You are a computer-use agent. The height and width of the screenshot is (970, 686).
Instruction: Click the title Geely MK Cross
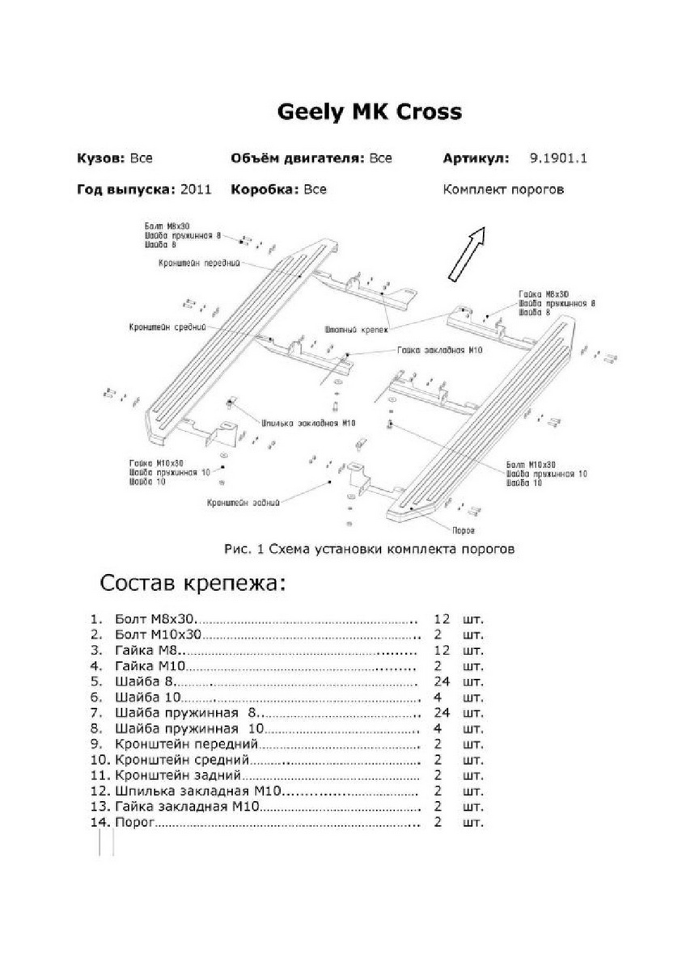tap(370, 112)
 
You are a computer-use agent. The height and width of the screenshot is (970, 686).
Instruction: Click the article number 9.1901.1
tap(558, 158)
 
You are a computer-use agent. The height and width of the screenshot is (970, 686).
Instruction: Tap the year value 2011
tap(196, 190)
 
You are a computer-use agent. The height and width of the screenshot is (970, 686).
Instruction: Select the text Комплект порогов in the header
tap(503, 190)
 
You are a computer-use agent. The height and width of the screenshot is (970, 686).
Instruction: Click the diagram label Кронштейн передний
tap(198, 264)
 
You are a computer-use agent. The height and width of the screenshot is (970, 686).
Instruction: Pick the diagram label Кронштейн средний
tap(167, 327)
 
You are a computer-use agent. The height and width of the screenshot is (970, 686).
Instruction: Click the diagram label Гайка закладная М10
tap(440, 351)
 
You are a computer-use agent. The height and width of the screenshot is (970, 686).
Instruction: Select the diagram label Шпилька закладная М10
tap(309, 423)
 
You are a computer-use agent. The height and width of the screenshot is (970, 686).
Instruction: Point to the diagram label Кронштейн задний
tap(243, 503)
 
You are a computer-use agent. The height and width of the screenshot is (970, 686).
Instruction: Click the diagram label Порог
tap(464, 530)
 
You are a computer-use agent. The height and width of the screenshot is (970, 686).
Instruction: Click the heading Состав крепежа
tap(192, 583)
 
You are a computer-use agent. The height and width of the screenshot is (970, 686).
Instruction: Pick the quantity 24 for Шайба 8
tap(441, 681)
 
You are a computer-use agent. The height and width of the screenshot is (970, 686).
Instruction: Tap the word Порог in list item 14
tap(134, 823)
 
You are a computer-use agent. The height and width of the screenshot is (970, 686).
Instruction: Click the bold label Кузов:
tap(102, 158)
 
